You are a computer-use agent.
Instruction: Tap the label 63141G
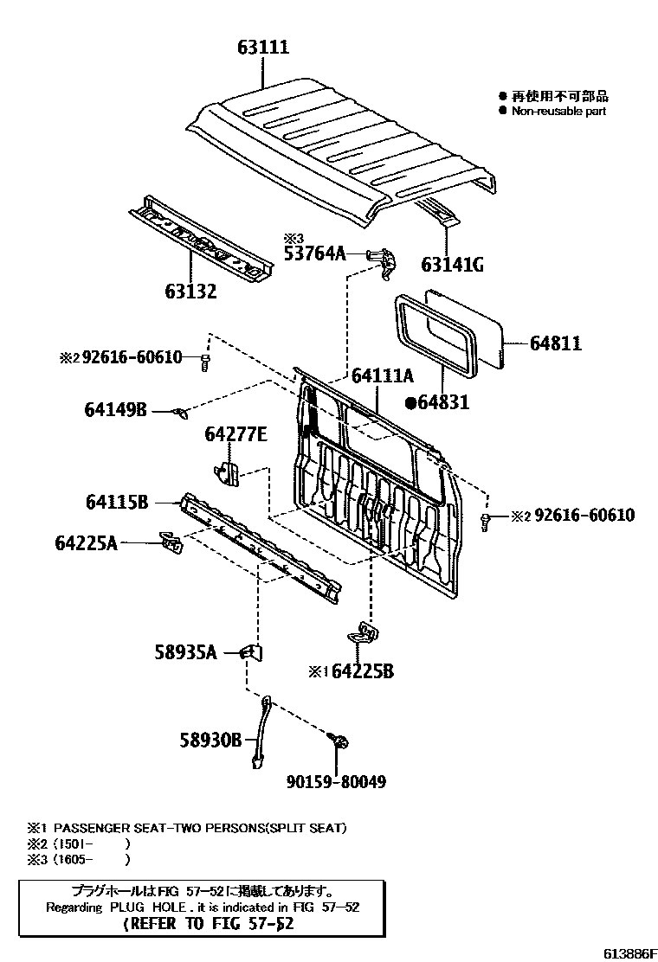coord(452,265)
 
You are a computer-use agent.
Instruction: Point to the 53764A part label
coord(315,253)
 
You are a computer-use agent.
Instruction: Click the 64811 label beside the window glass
coord(555,343)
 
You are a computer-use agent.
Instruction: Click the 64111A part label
coord(383,375)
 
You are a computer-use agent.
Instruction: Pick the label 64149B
coord(116,410)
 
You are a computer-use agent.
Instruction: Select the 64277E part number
coord(235,433)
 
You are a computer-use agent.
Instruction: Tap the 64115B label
coord(118,502)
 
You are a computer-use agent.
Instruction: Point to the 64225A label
coord(86,543)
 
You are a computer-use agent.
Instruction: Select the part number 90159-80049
coord(335,782)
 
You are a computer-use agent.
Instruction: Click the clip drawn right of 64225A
coord(171,543)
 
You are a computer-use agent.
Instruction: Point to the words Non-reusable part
coord(558,111)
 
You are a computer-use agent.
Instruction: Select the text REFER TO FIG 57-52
coord(210,923)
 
